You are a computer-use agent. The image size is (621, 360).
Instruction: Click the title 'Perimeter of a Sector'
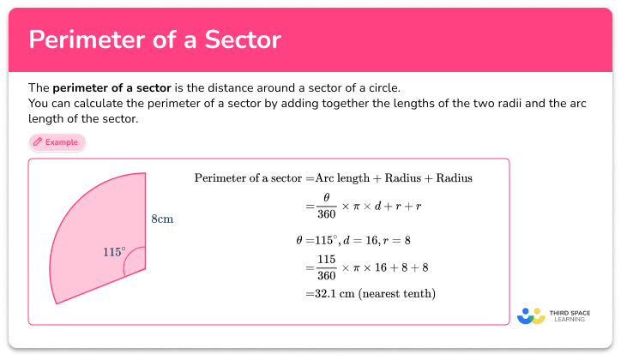[154, 39]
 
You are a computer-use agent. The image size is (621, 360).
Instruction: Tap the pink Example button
[57, 142]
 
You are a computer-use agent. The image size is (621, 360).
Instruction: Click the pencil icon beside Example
[38, 142]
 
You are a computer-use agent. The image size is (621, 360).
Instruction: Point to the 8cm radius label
[163, 219]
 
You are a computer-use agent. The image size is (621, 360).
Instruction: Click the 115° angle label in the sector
[114, 252]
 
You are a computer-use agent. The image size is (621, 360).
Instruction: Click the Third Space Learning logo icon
[533, 315]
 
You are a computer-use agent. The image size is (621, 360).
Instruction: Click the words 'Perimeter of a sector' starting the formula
[248, 178]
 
